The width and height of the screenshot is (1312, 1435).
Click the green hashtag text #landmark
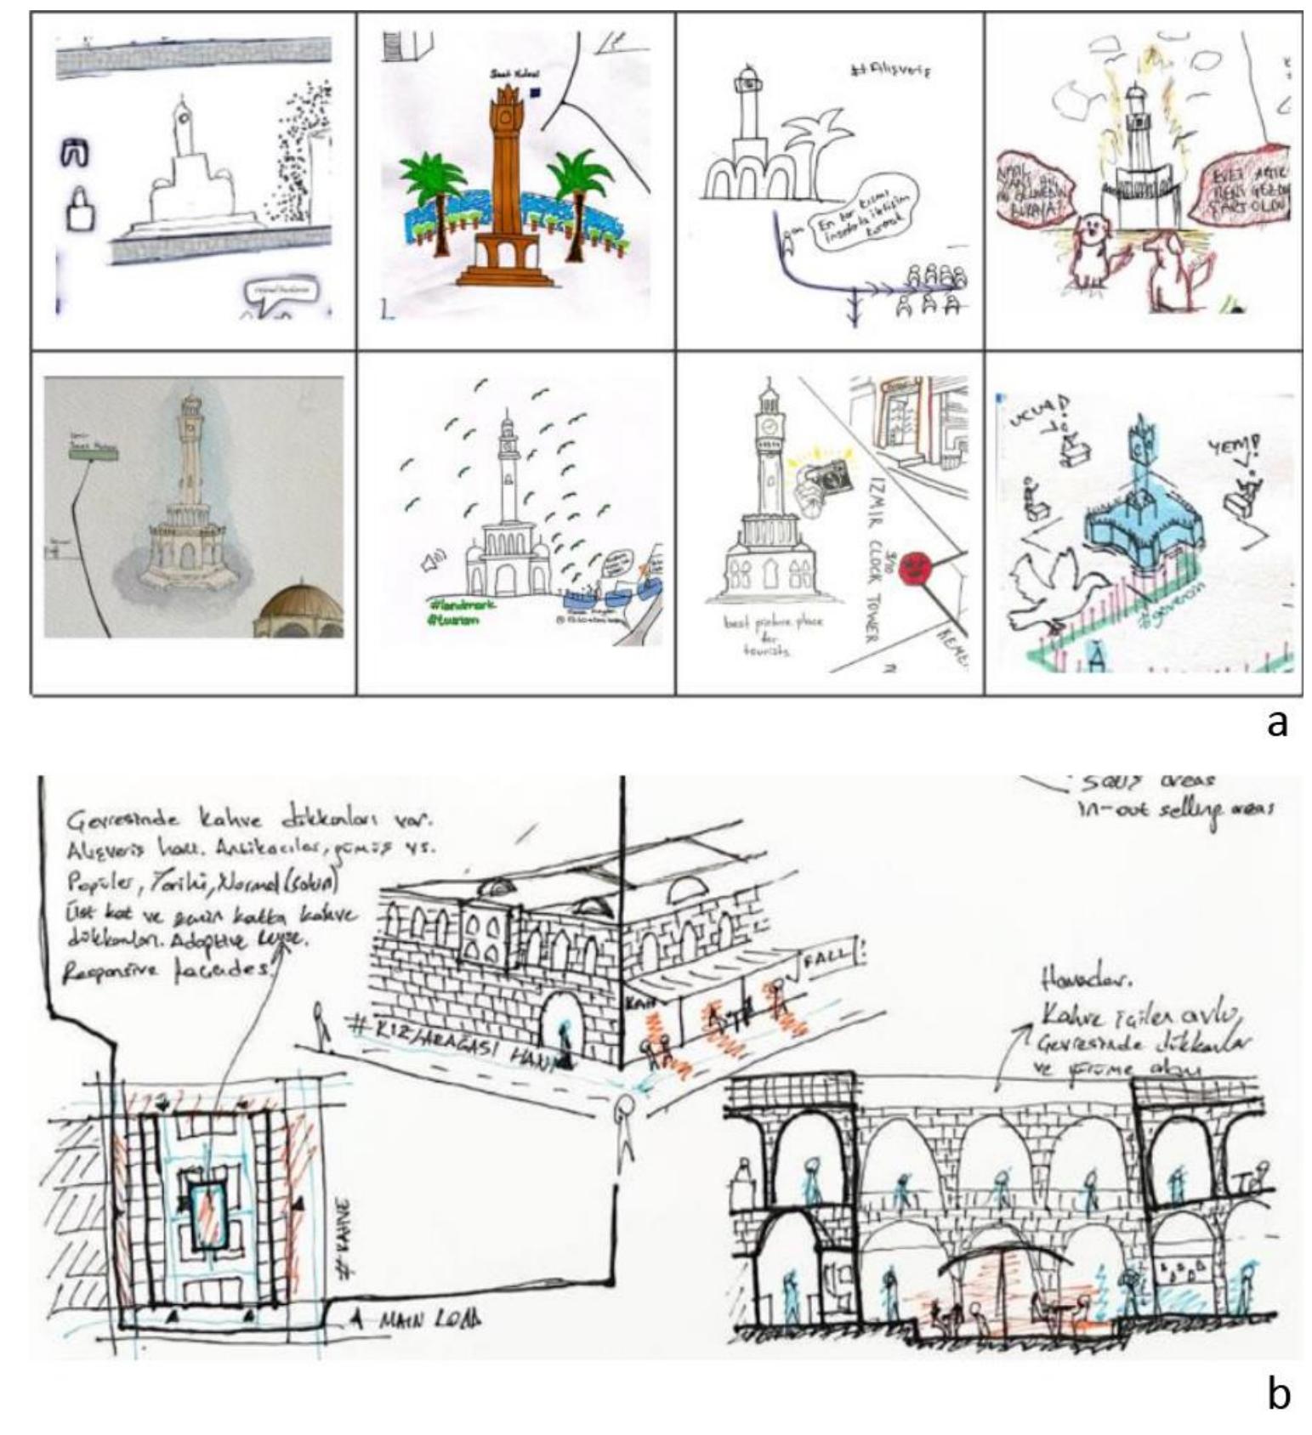click(463, 602)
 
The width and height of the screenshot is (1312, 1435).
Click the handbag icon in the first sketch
click(79, 209)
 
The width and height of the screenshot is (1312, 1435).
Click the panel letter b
click(1277, 1393)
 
